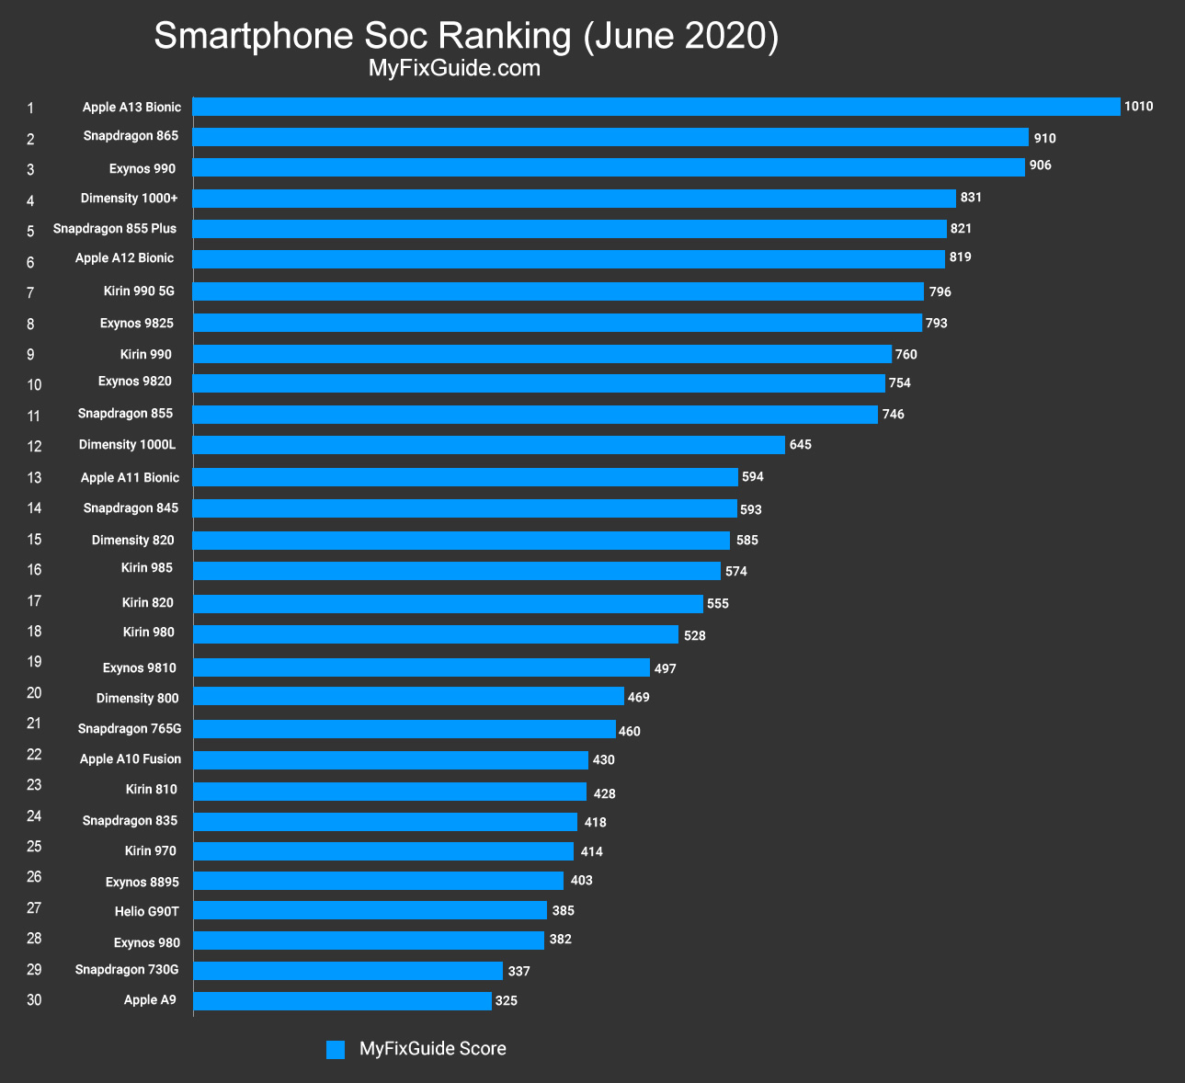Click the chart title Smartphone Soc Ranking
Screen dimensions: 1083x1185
coord(466,36)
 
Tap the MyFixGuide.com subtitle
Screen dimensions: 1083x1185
coord(453,69)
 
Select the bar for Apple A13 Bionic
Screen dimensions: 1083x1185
coord(656,107)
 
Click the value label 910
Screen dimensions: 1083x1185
coord(1044,138)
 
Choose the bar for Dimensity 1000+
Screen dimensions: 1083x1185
coord(574,199)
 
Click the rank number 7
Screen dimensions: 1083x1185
coord(30,293)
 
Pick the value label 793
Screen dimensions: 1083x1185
coord(936,324)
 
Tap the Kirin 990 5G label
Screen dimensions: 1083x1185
coord(139,291)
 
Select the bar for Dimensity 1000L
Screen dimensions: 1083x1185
coord(488,445)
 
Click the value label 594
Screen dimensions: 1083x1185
coord(753,476)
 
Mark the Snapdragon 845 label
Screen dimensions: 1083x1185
coord(131,508)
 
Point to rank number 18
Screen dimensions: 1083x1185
coord(34,632)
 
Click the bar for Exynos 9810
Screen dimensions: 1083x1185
coord(421,667)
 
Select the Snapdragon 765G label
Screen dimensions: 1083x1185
coord(130,729)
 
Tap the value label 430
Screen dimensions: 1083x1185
coord(603,760)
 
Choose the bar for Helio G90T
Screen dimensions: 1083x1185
coord(370,910)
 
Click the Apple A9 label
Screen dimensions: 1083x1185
coord(150,1000)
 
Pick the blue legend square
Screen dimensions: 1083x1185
coord(336,1050)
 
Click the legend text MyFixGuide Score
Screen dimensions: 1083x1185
coord(432,1049)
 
